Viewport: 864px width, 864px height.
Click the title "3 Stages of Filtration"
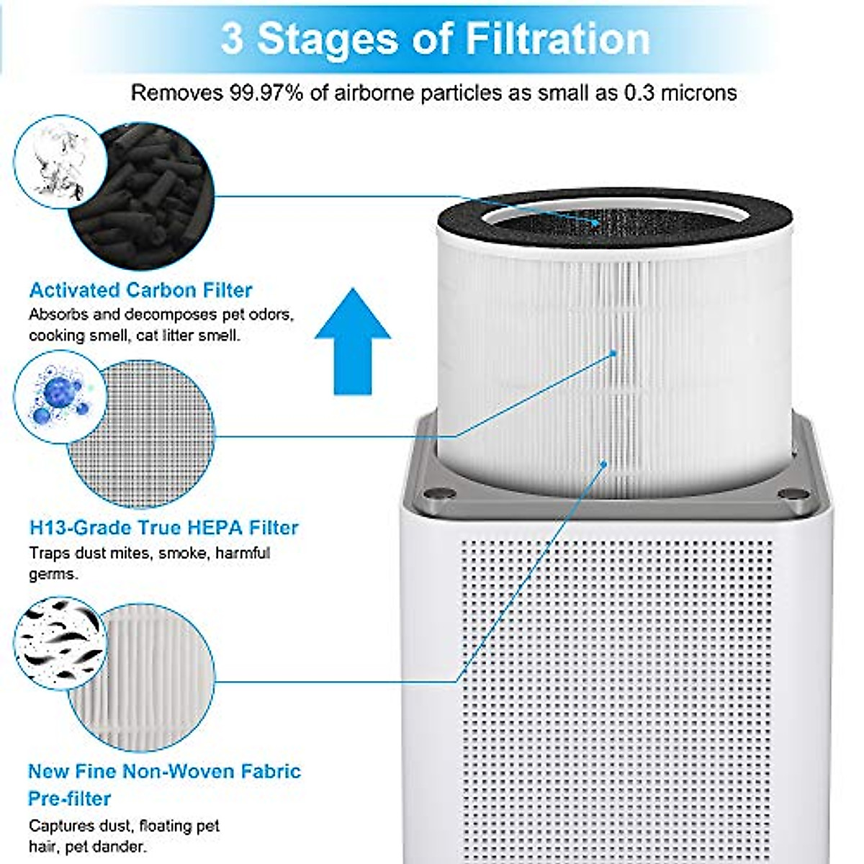(435, 38)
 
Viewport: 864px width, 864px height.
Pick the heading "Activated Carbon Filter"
(140, 290)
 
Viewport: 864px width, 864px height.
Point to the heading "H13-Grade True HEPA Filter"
(163, 528)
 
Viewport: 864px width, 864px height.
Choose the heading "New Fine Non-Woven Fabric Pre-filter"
(163, 784)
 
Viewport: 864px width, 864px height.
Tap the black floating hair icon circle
(60, 643)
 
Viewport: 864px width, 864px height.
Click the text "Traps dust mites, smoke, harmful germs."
(149, 564)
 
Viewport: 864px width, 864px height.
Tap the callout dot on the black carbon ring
(596, 223)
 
